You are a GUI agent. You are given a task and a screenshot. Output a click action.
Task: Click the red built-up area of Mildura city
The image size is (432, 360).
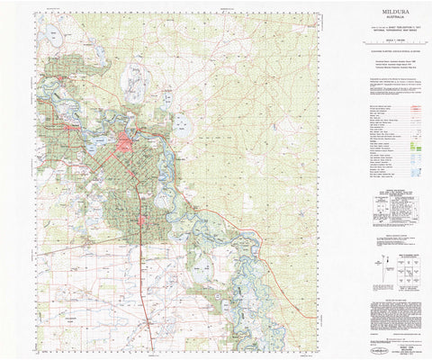[125, 142]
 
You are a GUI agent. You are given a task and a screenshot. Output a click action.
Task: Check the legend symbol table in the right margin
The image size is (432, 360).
[389, 135]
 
